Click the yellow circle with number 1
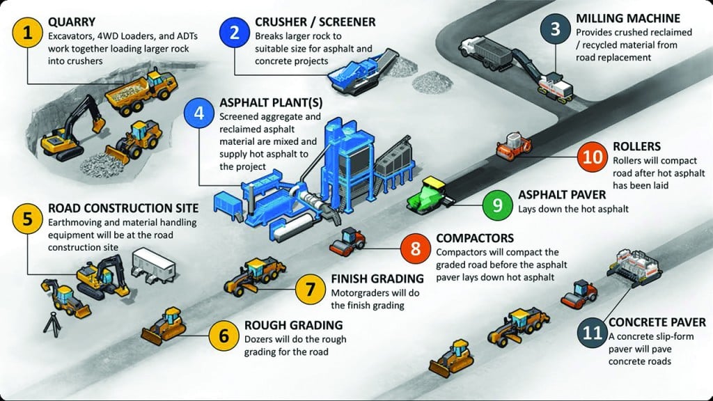[28, 32]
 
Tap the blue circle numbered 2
[235, 32]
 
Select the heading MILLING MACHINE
[628, 19]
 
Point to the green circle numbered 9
[497, 205]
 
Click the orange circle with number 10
[593, 157]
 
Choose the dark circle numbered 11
[593, 333]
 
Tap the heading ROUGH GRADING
[293, 325]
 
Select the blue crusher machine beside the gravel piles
[361, 72]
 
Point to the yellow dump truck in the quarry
[141, 93]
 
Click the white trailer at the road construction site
[153, 265]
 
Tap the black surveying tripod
[52, 323]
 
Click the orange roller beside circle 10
[513, 146]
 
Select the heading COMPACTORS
[475, 238]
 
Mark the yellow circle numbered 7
[310, 289]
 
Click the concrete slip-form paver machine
[634, 268]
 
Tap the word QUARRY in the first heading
[72, 22]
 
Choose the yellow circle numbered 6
[224, 336]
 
